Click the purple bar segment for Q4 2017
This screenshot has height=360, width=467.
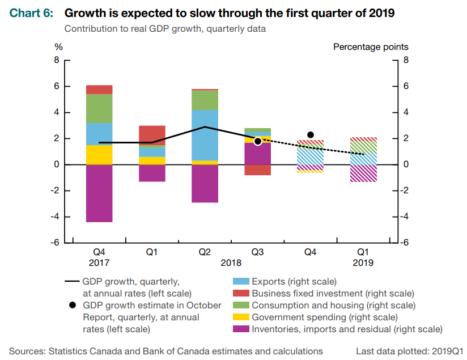pyautogui.click(x=99, y=193)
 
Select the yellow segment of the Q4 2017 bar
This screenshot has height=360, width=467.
pyautogui.click(x=99, y=155)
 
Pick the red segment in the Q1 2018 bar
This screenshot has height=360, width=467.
pyautogui.click(x=152, y=135)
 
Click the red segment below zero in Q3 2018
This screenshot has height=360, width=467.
pyautogui.click(x=257, y=170)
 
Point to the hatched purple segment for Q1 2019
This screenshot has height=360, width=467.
pyautogui.click(x=363, y=173)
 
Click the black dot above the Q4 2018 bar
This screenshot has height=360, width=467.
pyautogui.click(x=311, y=134)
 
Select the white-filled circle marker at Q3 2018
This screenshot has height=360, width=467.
pyautogui.click(x=258, y=141)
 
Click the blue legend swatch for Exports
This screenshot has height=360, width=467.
pyautogui.click(x=240, y=282)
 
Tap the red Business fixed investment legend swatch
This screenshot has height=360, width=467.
pyautogui.click(x=240, y=294)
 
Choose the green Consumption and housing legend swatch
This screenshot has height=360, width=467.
pyautogui.click(x=240, y=306)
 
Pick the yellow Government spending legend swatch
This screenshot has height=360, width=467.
pyautogui.click(x=240, y=317)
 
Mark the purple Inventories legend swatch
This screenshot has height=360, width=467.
pyautogui.click(x=240, y=329)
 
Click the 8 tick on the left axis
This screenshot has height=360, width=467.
pyautogui.click(x=57, y=60)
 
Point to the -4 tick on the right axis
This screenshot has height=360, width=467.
pyautogui.click(x=405, y=217)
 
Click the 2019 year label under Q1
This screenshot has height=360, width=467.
pyautogui.click(x=363, y=262)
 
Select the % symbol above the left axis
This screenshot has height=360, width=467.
pyautogui.click(x=58, y=47)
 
